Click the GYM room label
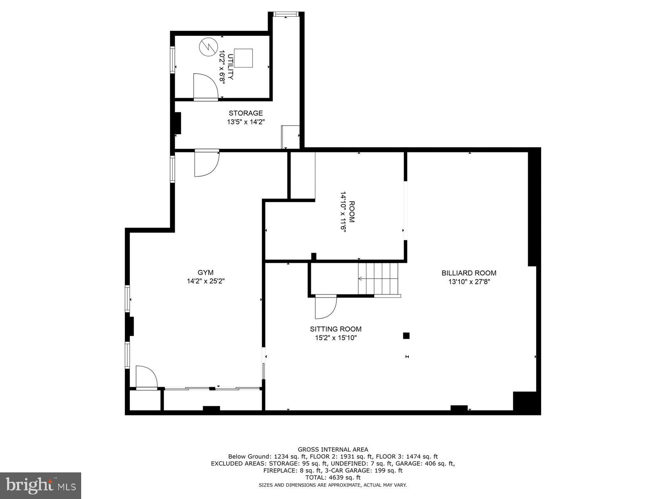click(205, 273)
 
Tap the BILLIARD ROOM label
click(469, 273)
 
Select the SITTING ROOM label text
click(335, 329)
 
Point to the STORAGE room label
click(246, 113)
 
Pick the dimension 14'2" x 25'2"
click(206, 282)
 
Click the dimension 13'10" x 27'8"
click(469, 282)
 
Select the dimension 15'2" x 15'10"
click(335, 338)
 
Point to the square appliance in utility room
click(243, 58)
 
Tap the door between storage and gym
click(206, 163)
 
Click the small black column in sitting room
click(406, 336)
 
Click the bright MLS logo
click(40, 485)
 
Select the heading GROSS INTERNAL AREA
click(333, 450)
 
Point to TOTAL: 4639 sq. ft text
click(333, 478)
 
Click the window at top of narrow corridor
click(286, 15)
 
